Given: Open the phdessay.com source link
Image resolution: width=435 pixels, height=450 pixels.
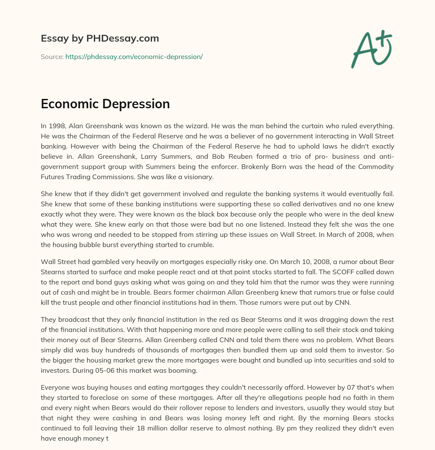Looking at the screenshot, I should (134, 56).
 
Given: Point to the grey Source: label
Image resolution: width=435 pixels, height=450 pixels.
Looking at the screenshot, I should (52, 56).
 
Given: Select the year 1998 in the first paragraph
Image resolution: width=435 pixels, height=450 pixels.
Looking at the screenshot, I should (56, 126).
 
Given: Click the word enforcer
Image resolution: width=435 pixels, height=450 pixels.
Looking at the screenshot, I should (213, 167).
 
